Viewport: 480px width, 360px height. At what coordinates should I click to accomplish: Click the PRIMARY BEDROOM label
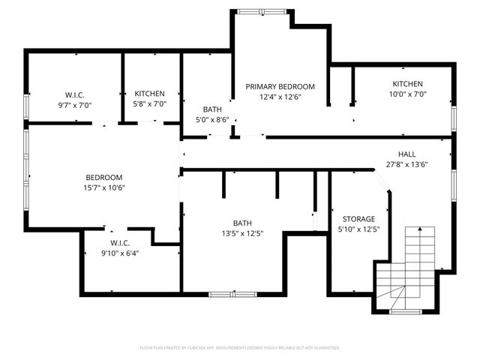280,86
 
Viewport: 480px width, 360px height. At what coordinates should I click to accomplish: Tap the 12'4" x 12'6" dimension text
280,97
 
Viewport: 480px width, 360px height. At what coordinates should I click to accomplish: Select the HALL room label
406,154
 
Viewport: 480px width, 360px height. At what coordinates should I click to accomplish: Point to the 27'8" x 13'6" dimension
406,164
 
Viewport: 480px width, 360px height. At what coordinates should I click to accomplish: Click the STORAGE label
358,219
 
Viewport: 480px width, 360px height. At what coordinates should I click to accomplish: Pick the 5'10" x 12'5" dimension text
358,229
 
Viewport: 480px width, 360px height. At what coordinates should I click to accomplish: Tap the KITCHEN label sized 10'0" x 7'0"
407,84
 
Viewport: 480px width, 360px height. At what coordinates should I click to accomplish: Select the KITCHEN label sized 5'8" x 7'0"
149,94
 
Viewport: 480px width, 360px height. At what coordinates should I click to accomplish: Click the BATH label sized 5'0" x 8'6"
212,109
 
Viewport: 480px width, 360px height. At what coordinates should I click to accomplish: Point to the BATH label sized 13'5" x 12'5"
242,223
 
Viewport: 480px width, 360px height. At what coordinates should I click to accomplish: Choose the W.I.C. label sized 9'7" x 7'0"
74,94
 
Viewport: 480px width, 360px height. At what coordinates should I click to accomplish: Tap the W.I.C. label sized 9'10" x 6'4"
120,242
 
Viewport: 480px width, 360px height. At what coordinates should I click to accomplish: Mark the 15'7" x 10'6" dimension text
103,188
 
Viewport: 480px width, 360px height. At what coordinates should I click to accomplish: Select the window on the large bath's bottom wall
232,294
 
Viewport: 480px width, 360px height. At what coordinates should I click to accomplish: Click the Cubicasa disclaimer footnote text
240,347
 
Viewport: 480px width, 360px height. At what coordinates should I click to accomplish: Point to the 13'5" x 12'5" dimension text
242,233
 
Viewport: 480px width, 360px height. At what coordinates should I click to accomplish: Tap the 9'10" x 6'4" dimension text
120,253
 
